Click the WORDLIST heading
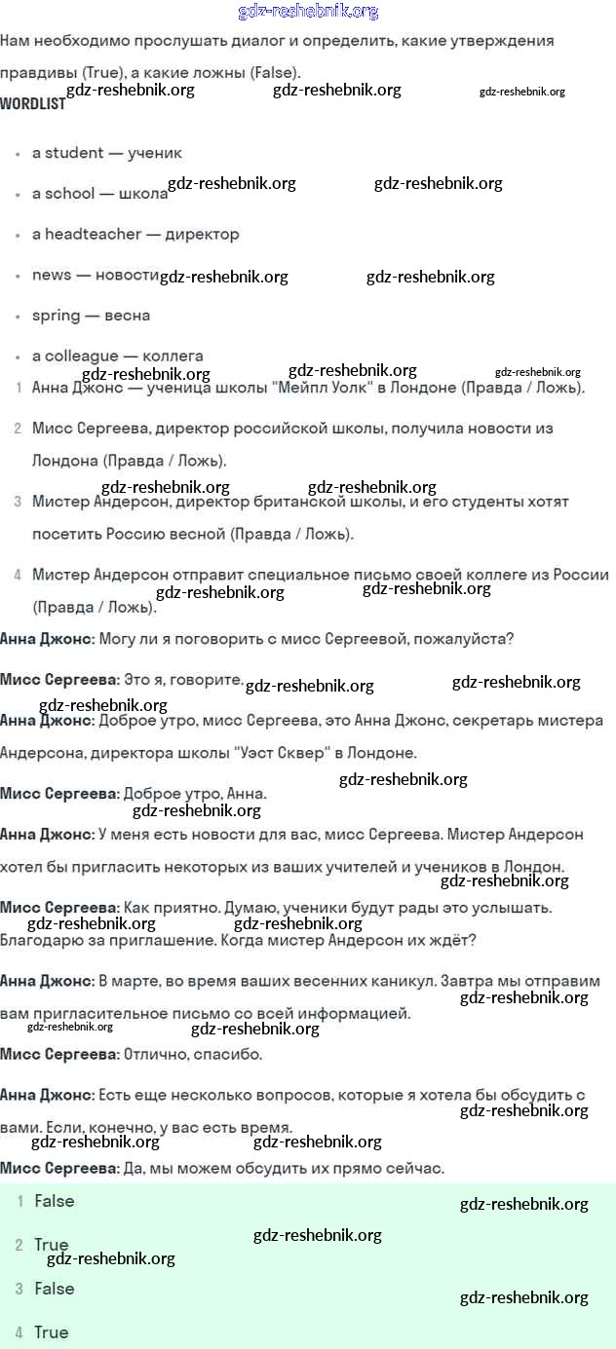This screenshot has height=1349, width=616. (33, 103)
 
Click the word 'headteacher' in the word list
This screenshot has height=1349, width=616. (94, 234)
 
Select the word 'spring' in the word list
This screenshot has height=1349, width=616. (57, 316)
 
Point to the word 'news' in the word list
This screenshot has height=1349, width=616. (52, 275)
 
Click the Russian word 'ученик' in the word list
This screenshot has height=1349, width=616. (154, 153)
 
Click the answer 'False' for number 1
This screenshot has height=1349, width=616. (54, 1201)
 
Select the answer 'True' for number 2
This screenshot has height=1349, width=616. (51, 1245)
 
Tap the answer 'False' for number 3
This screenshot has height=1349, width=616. (54, 1289)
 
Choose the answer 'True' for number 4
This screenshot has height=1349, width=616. (51, 1332)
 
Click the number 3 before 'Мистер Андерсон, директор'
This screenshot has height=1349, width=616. (18, 503)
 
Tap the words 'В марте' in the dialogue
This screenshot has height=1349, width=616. (130, 981)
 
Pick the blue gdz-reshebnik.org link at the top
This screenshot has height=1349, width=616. (308, 12)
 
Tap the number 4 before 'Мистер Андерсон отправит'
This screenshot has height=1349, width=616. (18, 576)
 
